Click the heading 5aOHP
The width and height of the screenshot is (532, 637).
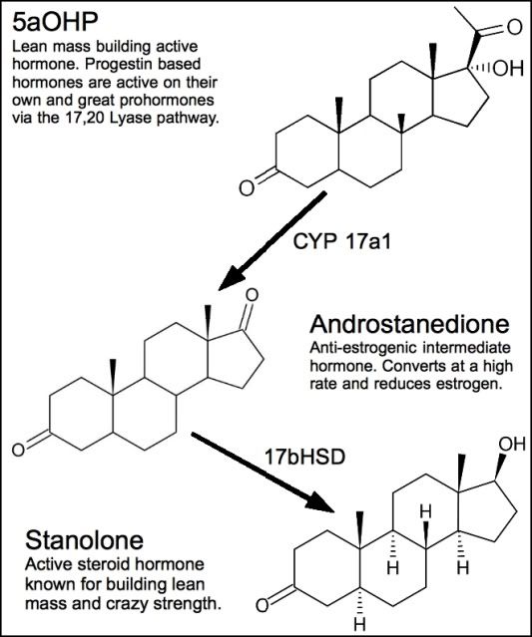pyautogui.click(x=55, y=22)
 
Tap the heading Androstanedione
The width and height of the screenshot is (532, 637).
pyautogui.click(x=409, y=324)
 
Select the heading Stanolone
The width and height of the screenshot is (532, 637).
pyautogui.click(x=84, y=540)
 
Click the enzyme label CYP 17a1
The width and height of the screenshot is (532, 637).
pyautogui.click(x=341, y=242)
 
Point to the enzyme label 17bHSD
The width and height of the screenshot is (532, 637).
pyautogui.click(x=304, y=457)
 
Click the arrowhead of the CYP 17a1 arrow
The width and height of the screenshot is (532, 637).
pyautogui.click(x=232, y=278)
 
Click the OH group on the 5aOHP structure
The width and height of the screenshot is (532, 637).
pyautogui.click(x=508, y=69)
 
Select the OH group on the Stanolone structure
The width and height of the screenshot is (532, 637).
pyautogui.click(x=512, y=444)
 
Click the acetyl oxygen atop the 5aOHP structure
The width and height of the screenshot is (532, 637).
pyautogui.click(x=514, y=28)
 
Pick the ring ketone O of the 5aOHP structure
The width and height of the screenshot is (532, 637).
pyautogui.click(x=247, y=188)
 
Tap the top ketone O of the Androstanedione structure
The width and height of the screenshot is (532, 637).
pyautogui.click(x=253, y=295)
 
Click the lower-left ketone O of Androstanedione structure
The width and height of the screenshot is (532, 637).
pyautogui.click(x=18, y=451)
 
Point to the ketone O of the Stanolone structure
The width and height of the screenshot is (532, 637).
pyautogui.click(x=263, y=606)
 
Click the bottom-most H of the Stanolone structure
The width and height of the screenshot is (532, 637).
pyautogui.click(x=360, y=624)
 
